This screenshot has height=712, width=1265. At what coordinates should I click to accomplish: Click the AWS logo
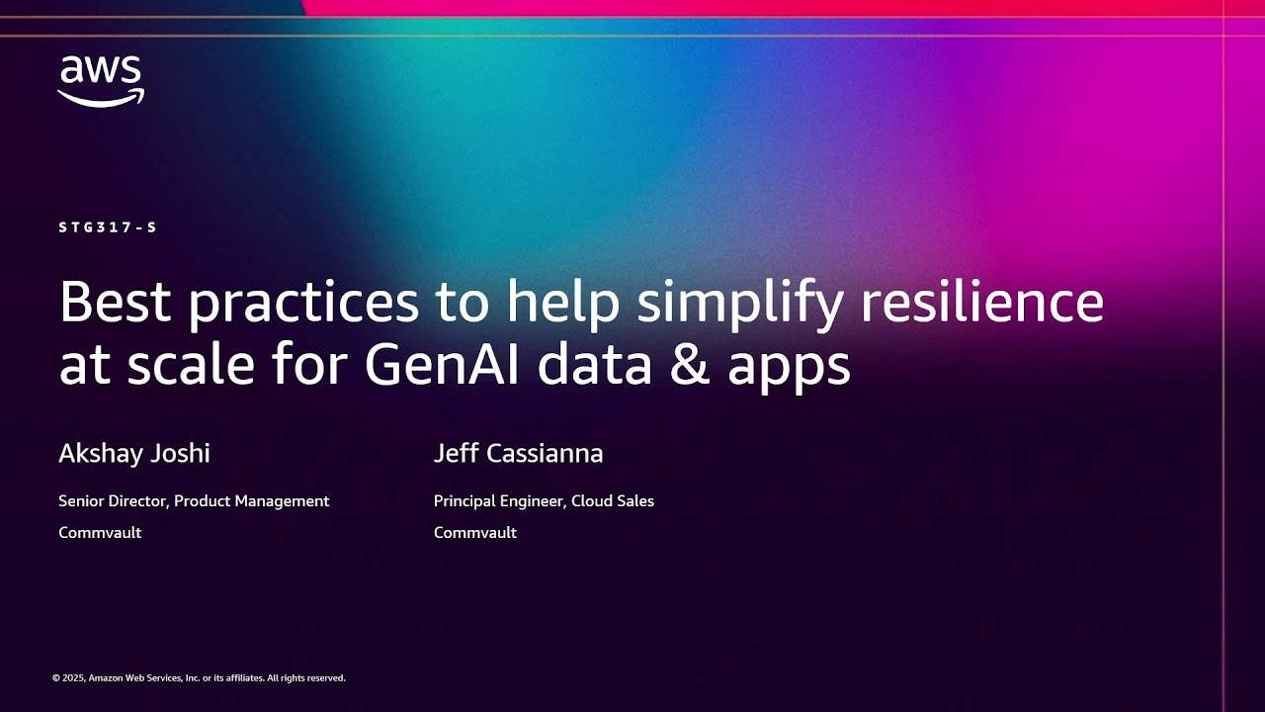[101, 81]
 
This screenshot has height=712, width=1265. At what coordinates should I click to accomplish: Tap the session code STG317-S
[108, 227]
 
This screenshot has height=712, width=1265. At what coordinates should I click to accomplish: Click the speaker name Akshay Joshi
[134, 454]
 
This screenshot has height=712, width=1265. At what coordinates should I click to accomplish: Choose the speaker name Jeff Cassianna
[518, 454]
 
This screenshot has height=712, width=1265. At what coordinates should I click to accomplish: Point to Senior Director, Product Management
[194, 501]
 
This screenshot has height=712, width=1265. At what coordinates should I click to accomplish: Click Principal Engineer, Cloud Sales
[544, 501]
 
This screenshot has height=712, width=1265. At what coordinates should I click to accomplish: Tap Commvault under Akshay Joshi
[100, 533]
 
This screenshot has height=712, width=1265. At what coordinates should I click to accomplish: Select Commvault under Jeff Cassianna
[475, 533]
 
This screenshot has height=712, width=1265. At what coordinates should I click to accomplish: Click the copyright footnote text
[199, 678]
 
